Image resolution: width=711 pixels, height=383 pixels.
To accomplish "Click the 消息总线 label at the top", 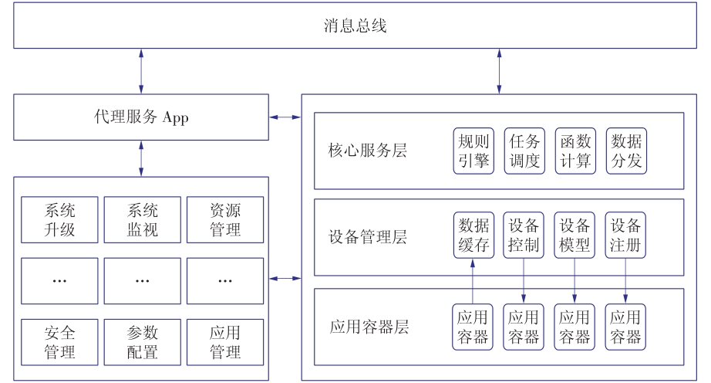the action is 355,25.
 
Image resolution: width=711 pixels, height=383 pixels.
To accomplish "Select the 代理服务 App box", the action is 141,117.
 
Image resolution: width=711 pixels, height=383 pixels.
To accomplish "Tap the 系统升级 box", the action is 59,219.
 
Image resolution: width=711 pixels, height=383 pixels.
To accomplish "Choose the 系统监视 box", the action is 143,219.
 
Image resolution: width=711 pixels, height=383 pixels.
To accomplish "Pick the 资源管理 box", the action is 225,219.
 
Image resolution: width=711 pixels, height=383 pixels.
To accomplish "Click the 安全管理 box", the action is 59,342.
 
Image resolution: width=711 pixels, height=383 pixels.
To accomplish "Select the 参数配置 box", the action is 143,342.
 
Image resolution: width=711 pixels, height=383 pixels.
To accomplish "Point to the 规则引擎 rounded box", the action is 473,151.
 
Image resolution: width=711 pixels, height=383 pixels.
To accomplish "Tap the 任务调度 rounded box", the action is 524,151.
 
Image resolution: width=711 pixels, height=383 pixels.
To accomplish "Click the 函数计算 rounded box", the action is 575,151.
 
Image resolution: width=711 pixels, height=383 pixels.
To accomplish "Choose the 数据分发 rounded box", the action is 626,151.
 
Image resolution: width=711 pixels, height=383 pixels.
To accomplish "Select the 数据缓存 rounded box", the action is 473,235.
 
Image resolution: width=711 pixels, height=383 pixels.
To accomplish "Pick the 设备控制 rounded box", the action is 524,235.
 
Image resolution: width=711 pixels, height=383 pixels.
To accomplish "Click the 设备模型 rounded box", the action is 575,235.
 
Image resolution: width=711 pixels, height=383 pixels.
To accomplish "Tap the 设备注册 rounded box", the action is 625,235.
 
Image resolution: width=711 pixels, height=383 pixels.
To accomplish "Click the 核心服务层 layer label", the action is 367,151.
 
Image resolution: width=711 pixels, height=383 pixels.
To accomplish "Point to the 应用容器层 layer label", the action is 369,327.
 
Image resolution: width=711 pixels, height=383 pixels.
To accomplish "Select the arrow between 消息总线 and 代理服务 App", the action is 141,71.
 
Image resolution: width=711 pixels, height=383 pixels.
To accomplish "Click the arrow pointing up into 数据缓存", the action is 473,281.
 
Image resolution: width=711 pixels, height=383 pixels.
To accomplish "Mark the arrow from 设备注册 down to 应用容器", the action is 625,280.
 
